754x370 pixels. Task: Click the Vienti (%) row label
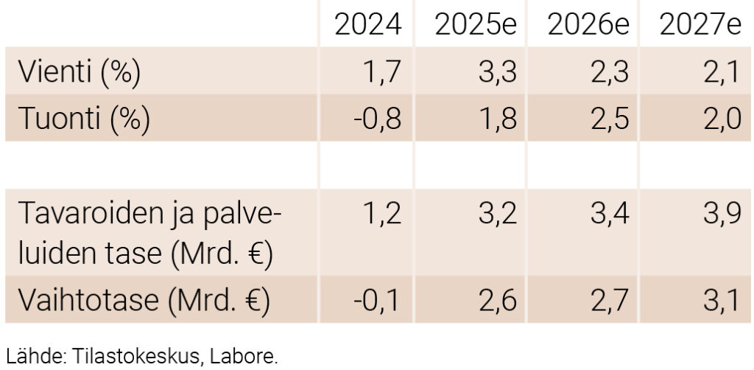coord(79,71)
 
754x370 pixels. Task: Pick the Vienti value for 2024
coord(382,71)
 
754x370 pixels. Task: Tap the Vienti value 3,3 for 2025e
coord(495,71)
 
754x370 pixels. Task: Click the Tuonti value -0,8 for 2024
coord(376,118)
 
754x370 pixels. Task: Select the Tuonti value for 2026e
coord(607,118)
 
